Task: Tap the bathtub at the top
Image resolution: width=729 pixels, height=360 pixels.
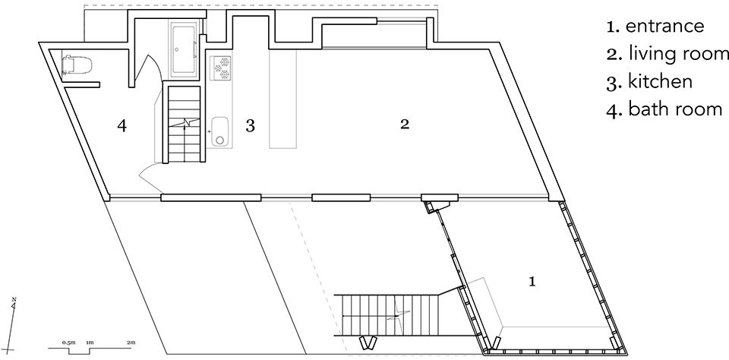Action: click(x=185, y=49)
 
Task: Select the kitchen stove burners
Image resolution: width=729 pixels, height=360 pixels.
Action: click(x=221, y=68)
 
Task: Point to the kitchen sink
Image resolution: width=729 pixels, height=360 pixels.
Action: click(x=220, y=131)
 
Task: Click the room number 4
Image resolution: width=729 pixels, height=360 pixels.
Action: click(x=121, y=125)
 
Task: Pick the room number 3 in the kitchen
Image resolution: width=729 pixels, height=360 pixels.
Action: click(x=250, y=125)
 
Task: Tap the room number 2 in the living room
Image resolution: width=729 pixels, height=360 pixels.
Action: click(x=405, y=125)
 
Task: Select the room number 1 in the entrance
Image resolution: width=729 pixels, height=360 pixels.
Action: click(x=532, y=281)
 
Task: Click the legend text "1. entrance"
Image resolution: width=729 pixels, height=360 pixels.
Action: click(x=655, y=26)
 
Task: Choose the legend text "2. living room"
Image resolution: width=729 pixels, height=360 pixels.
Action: click(x=667, y=53)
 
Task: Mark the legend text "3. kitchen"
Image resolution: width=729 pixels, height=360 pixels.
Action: click(x=649, y=81)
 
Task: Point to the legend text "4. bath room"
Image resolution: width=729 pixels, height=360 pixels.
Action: click(x=664, y=109)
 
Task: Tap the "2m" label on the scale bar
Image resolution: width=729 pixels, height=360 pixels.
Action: click(x=131, y=343)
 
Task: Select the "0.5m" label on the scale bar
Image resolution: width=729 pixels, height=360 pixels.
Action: click(x=68, y=343)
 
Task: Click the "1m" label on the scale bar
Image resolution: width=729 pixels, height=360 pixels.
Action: click(x=90, y=343)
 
